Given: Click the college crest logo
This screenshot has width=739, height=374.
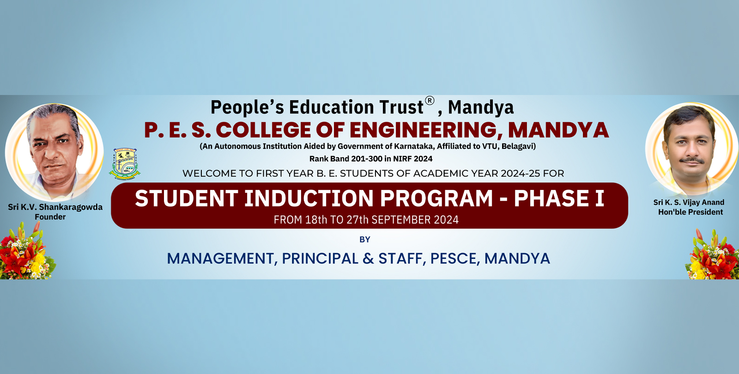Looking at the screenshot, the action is click(x=124, y=164).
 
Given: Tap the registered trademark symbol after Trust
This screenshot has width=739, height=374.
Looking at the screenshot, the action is click(x=430, y=101).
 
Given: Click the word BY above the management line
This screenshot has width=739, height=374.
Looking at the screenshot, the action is click(x=365, y=239).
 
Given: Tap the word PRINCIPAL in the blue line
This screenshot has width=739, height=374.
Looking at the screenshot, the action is click(x=320, y=259).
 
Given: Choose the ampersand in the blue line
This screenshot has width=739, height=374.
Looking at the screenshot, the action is click(x=368, y=259).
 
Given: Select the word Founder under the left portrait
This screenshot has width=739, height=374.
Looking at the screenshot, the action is click(x=50, y=217).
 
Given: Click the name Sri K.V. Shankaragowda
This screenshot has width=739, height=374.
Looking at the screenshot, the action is click(x=55, y=207).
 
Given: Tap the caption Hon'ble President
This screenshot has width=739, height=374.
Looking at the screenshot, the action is click(x=691, y=212).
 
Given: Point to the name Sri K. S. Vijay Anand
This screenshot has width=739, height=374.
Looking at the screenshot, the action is click(x=689, y=202).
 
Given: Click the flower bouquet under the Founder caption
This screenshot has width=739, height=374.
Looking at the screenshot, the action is click(x=26, y=252).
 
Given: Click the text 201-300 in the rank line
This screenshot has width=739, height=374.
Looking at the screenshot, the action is click(x=367, y=159).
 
